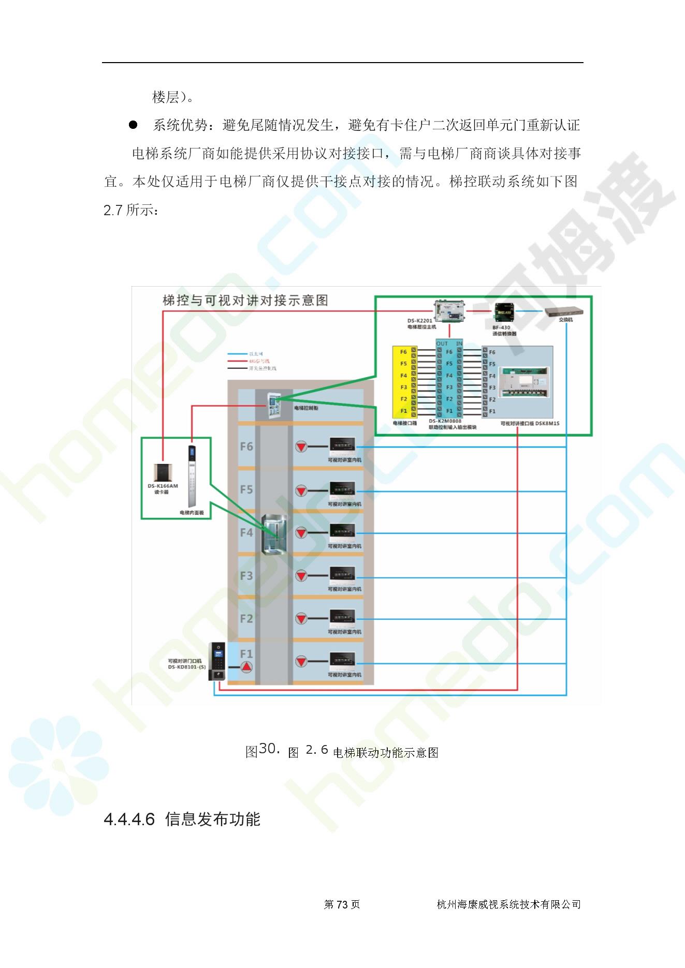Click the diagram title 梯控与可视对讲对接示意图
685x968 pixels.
coord(245,301)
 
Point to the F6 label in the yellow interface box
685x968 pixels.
coord(403,352)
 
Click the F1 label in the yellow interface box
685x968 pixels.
coord(403,411)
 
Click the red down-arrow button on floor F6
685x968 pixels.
coord(301,446)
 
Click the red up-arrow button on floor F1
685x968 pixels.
coord(246,667)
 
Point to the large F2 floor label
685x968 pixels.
coord(246,619)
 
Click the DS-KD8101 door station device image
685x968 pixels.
coord(217,661)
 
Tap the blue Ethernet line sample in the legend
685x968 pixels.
coord(238,354)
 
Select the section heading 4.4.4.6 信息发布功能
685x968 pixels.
coord(182,820)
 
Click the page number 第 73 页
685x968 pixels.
coord(342,904)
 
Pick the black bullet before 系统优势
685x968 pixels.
coord(133,125)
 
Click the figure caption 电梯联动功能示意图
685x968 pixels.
coord(386,753)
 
